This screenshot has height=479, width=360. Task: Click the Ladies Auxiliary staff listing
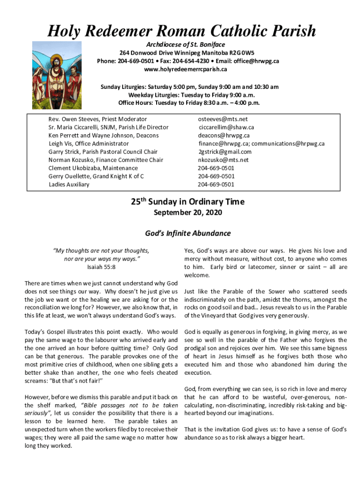[69, 184]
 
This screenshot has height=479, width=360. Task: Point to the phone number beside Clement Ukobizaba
[216, 168]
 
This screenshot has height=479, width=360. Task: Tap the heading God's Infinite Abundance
[187, 233]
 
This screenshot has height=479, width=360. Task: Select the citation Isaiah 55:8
[101, 268]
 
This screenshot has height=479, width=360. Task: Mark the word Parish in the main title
[293, 31]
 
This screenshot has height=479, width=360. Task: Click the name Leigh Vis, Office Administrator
[88, 144]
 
